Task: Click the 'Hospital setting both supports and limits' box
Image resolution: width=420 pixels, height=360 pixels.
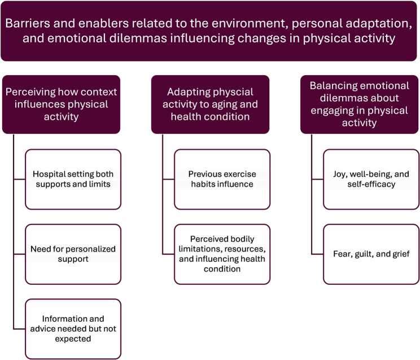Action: tap(73, 179)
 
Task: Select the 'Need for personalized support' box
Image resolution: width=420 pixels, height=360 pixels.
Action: tap(73, 254)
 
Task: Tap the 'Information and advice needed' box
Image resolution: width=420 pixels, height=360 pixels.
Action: tap(73, 328)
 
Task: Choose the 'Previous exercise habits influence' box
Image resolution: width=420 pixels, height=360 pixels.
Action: tap(222, 179)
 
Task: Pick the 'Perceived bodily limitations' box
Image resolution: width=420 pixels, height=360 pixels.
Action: tap(222, 254)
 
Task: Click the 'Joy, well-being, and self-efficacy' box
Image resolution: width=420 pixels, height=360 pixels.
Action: tap(371, 179)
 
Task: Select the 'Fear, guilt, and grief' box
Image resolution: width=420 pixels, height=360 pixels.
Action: tap(371, 254)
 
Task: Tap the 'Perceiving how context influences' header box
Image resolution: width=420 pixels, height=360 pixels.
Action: tap(61, 104)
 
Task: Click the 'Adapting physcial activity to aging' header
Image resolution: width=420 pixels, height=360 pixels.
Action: tap(210, 104)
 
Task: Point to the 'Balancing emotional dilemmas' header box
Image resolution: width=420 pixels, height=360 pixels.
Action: tap(360, 104)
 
